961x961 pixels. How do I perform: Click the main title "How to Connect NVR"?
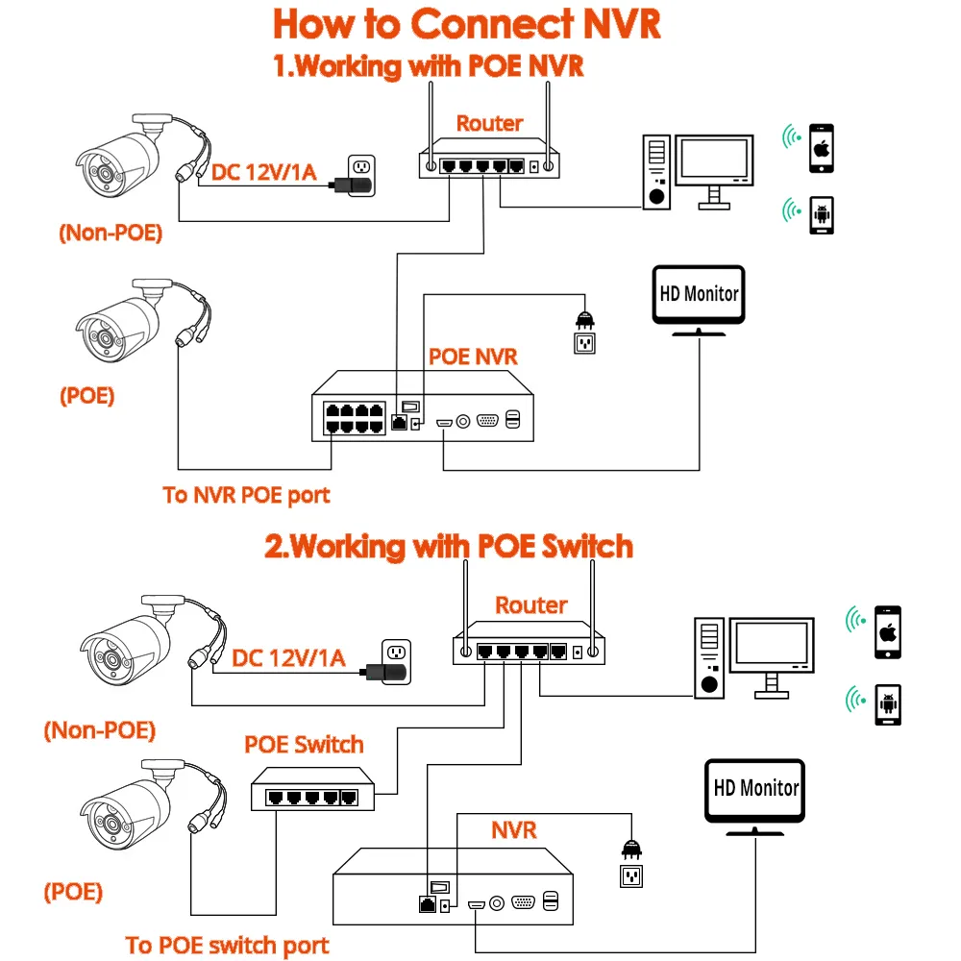(x=467, y=24)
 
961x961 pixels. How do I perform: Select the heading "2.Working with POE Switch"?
(x=449, y=546)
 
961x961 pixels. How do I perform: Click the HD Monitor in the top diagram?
(x=699, y=297)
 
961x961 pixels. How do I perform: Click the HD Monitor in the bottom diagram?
(x=754, y=794)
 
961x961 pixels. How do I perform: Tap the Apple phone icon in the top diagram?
(x=821, y=147)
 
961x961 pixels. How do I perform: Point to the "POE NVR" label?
(x=473, y=357)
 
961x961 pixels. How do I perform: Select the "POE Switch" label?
(x=304, y=744)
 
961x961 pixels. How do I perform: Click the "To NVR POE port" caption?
(x=246, y=496)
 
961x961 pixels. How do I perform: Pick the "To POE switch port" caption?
(x=228, y=945)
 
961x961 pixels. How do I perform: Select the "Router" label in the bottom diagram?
(x=530, y=605)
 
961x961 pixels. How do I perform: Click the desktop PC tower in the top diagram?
(x=656, y=171)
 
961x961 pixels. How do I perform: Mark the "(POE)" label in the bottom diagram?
(x=73, y=891)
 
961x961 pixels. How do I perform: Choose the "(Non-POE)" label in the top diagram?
(x=111, y=232)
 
